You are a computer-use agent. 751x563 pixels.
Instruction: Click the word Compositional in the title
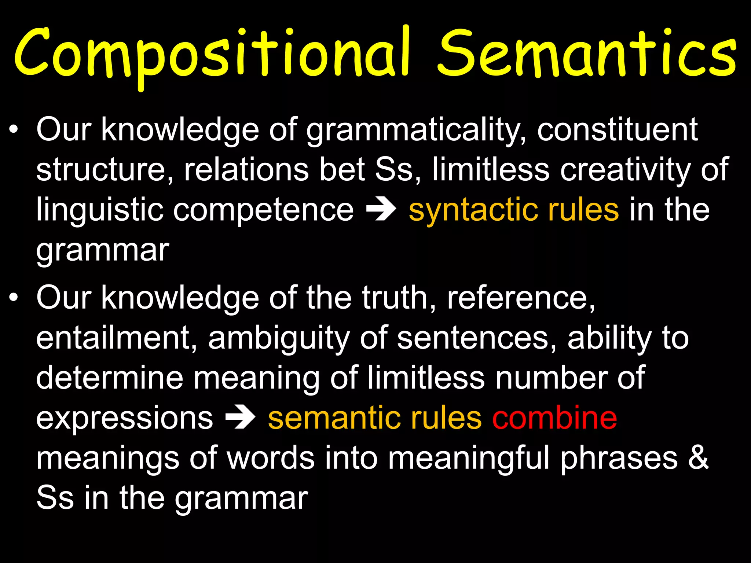tap(211, 55)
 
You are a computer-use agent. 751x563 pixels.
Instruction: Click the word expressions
tap(124, 419)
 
